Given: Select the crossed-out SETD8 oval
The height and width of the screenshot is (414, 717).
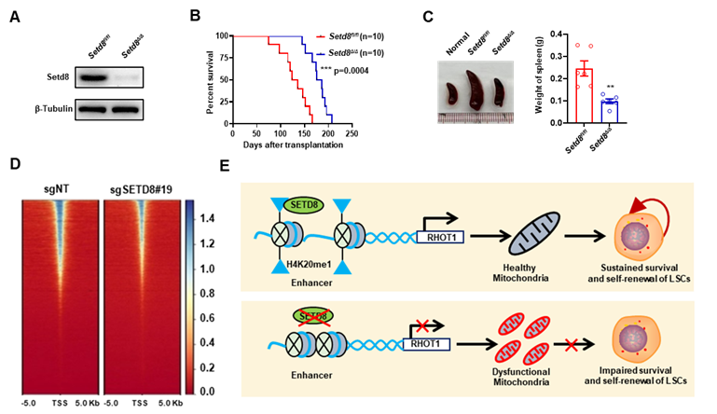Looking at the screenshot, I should click(x=313, y=316).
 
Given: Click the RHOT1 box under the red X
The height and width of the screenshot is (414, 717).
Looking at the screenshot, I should click(x=427, y=345).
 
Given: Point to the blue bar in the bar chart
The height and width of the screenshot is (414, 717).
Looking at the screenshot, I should click(x=610, y=109).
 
